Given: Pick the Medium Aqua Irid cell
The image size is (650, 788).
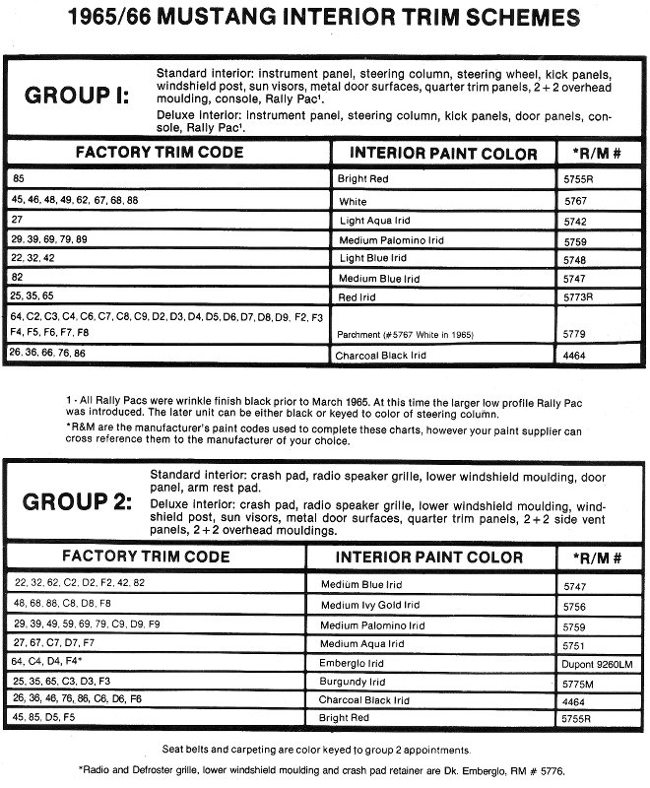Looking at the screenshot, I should (362, 643).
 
